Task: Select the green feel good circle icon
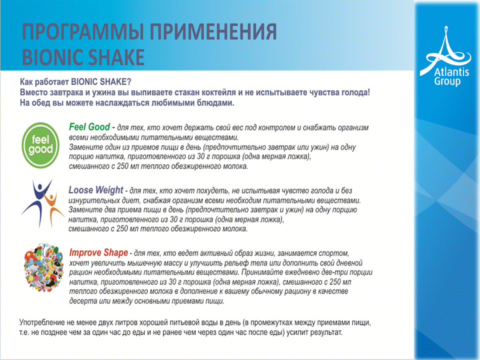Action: [40, 145]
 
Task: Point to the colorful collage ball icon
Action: [44, 267]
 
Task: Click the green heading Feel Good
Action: [89, 126]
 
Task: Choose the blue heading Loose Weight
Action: [96, 190]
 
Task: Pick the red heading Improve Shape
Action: [98, 252]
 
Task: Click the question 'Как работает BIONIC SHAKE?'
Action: [75, 81]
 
